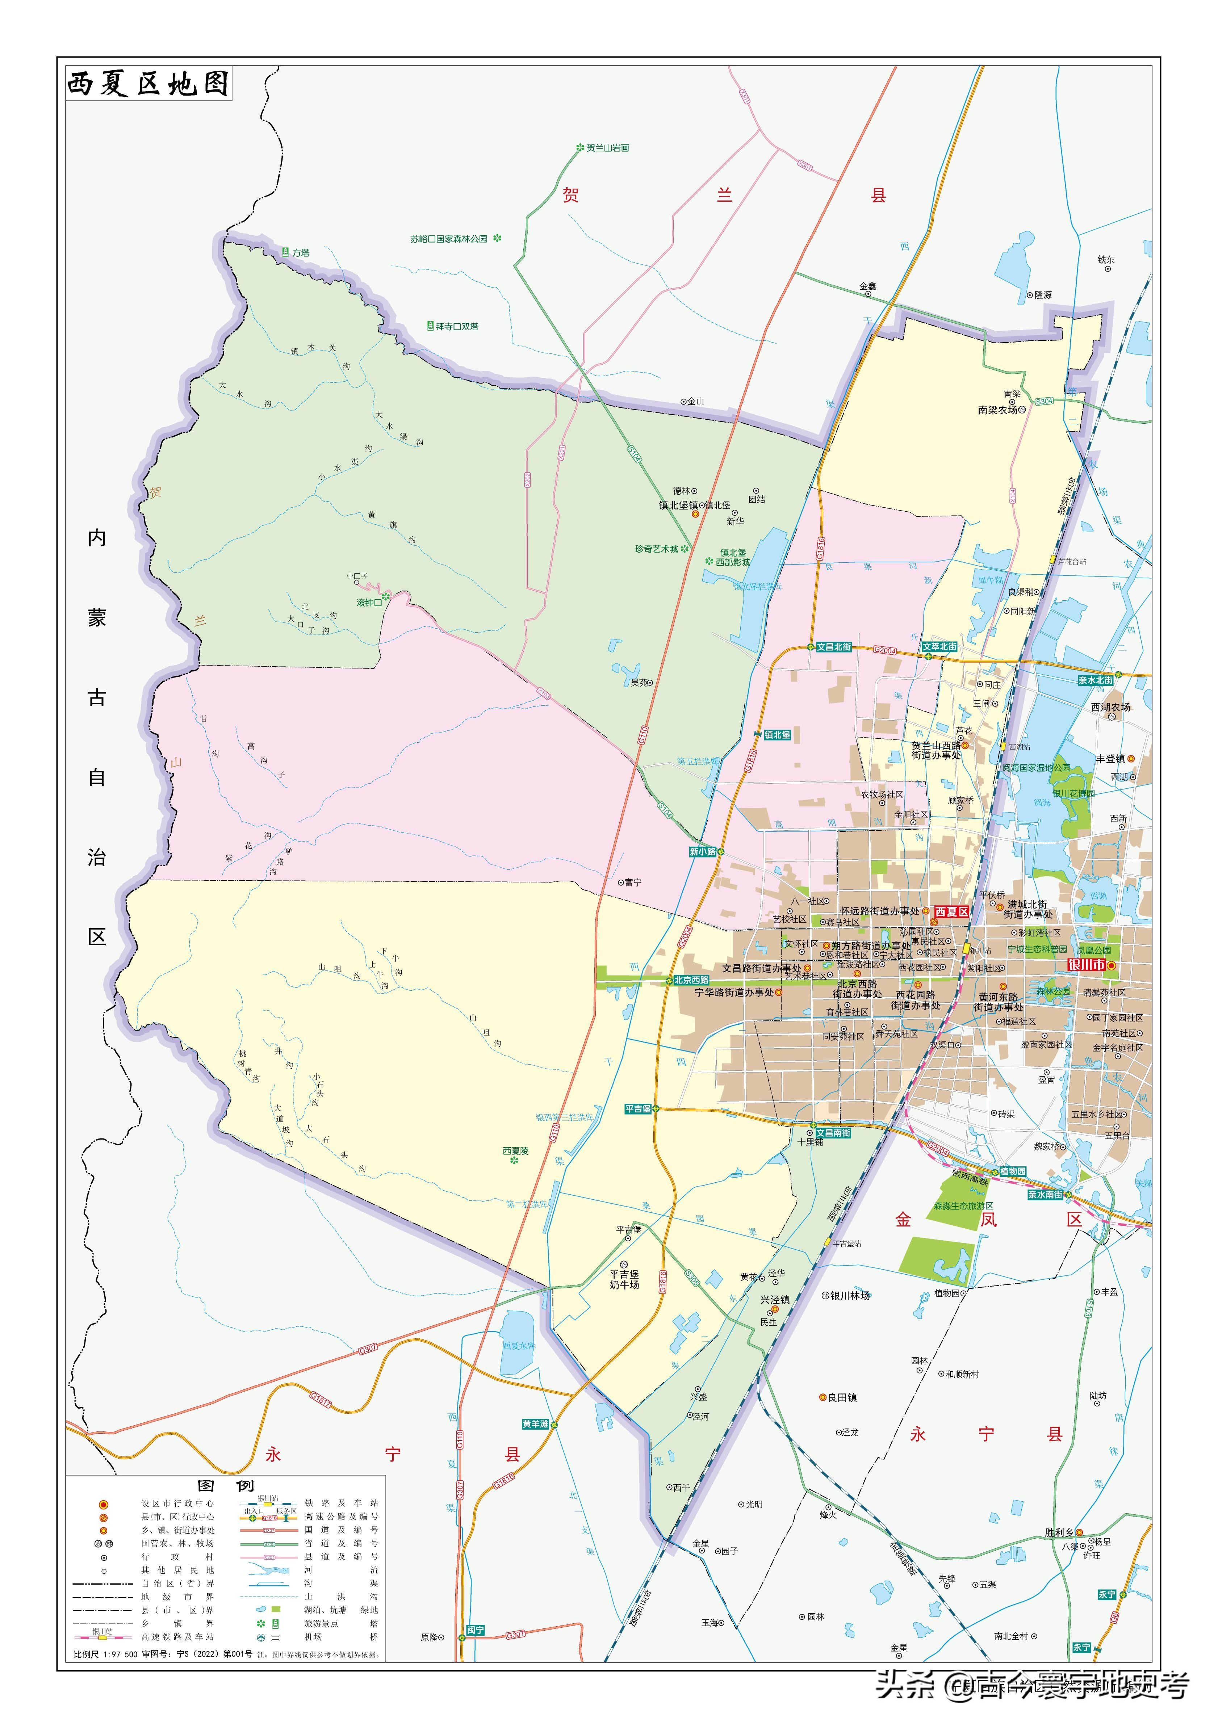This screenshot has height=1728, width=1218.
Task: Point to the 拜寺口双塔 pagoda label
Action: [x=457, y=327]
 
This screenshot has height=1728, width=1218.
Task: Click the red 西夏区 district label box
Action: [x=951, y=911]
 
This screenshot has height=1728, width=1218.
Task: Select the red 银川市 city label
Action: [x=1086, y=965]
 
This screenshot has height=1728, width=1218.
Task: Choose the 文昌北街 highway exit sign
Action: [x=834, y=646]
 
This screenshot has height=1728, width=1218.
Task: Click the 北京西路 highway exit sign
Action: [x=691, y=980]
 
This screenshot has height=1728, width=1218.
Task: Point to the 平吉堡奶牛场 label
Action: [x=624, y=1279]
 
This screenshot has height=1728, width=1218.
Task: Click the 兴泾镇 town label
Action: [x=775, y=1300]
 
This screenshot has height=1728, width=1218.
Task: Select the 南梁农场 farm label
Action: [x=997, y=410]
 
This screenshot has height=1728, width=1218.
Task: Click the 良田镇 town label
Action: [x=842, y=1398]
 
